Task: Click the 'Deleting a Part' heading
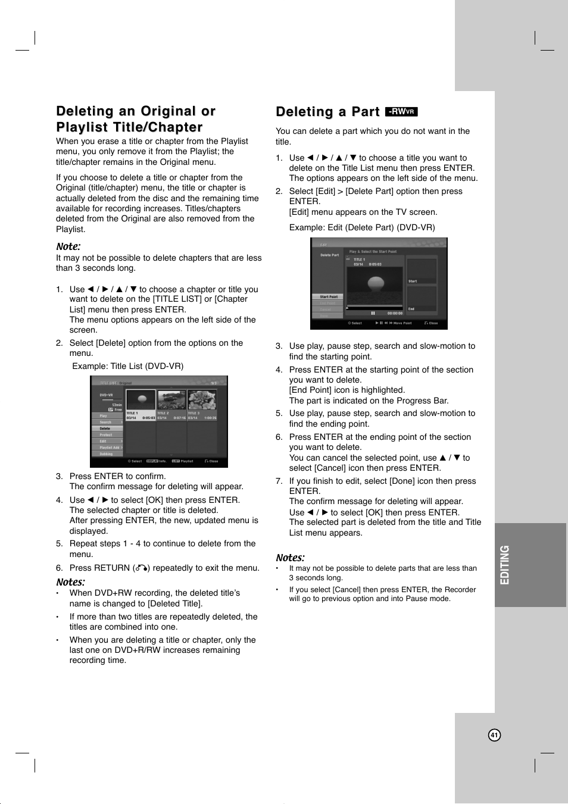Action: pos(327,112)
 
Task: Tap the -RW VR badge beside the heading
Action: pos(401,111)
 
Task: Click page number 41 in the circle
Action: pos(494,735)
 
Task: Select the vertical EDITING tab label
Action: pos(505,565)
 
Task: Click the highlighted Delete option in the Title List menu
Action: pos(106,428)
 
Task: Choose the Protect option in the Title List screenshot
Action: pos(106,435)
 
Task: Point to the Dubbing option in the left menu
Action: pos(106,454)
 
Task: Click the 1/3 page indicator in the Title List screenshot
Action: pos(214,383)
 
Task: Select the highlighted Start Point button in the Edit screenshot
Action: pos(328,296)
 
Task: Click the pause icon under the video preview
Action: pos(373,313)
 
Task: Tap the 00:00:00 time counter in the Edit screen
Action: pos(395,313)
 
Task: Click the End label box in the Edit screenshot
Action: pos(422,299)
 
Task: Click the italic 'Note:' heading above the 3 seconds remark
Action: pos(68,246)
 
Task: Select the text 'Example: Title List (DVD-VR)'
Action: pos(127,366)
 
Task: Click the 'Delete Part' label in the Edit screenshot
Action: pos(329,255)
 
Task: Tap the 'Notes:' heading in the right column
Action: pos(290,558)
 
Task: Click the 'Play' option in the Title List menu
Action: pos(104,416)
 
